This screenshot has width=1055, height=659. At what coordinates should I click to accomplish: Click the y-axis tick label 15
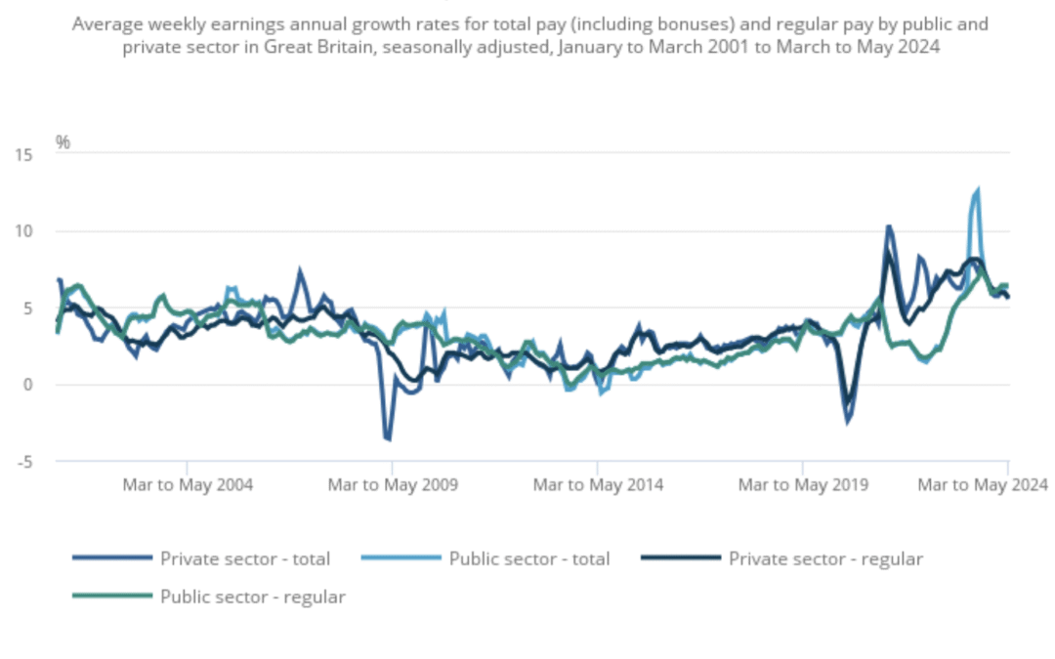[24, 155]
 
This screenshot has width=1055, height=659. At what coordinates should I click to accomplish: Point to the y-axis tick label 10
[24, 231]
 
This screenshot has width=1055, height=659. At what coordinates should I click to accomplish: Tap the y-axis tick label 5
[28, 308]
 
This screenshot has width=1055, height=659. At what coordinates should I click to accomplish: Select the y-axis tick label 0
[28, 385]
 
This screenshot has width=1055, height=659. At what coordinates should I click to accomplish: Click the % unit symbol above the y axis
[63, 143]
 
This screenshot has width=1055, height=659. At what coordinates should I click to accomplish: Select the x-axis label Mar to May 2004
[188, 484]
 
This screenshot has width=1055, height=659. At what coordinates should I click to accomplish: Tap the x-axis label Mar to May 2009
[393, 484]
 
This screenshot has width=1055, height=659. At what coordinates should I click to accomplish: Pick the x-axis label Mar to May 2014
[598, 484]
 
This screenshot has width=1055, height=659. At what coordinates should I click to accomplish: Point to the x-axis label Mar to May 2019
[803, 484]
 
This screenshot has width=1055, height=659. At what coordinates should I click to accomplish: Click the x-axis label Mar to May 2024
[982, 484]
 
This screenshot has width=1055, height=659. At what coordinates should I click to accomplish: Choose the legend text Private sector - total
[245, 559]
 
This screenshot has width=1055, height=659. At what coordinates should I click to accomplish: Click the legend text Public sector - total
[528, 559]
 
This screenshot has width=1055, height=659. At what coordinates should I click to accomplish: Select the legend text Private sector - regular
[825, 559]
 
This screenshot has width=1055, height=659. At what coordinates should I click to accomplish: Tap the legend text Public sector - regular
[252, 597]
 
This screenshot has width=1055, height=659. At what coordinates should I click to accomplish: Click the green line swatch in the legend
[112, 596]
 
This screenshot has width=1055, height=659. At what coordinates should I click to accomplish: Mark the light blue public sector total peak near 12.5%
[977, 191]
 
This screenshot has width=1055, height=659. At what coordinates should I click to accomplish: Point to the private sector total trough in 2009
[389, 438]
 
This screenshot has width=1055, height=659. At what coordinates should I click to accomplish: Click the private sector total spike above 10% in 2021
[888, 227]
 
